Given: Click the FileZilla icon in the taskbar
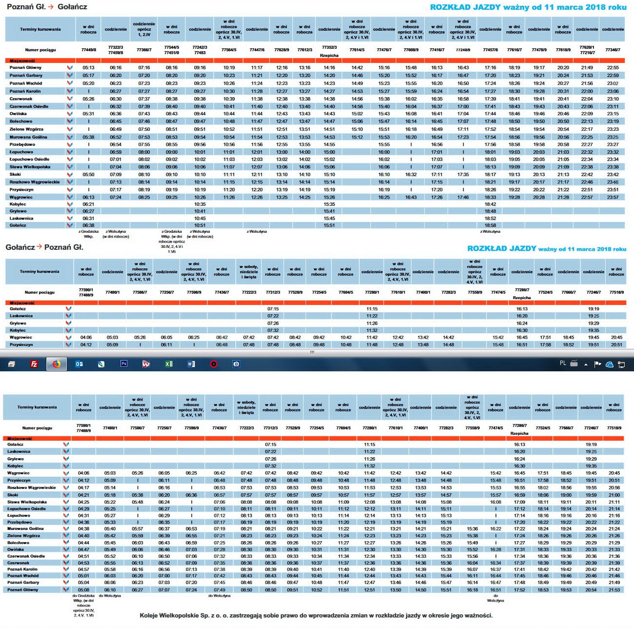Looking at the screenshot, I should (34, 364).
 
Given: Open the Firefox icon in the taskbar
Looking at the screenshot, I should (57, 364).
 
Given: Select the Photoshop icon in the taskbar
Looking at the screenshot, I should (123, 364).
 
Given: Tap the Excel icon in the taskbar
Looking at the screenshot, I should (169, 364).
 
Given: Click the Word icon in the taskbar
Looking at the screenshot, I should (191, 364).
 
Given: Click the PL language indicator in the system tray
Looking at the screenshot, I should (563, 364).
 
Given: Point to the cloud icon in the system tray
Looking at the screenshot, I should (609, 364).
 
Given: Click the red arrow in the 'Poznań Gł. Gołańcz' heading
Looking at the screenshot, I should (51, 7).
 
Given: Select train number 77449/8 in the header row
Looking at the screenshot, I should (89, 50).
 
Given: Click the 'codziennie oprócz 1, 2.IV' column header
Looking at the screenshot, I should (144, 29).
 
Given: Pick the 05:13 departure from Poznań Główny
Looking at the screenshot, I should (88, 68).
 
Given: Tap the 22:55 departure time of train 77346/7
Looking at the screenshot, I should (613, 68).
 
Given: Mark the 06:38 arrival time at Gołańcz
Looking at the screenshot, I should (88, 225).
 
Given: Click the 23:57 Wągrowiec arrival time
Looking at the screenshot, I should (613, 198).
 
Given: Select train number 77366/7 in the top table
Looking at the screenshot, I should (144, 50).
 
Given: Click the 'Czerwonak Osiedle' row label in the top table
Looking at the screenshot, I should (29, 106).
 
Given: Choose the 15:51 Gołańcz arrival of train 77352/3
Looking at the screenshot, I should (329, 225).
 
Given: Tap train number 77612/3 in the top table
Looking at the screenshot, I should (305, 50).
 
